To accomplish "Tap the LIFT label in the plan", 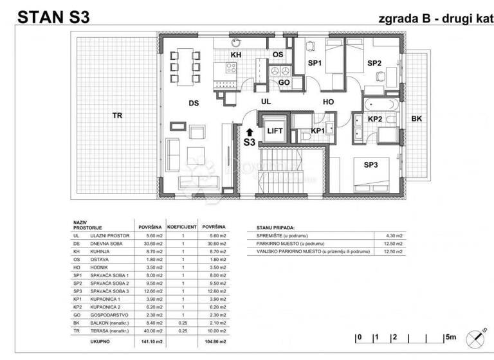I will (275, 129).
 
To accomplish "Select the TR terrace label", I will (117, 116).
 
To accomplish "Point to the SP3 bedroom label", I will (370, 165).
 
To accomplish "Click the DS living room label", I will (192, 103).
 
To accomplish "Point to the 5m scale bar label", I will (450, 337).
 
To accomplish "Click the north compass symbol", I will (479, 335).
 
